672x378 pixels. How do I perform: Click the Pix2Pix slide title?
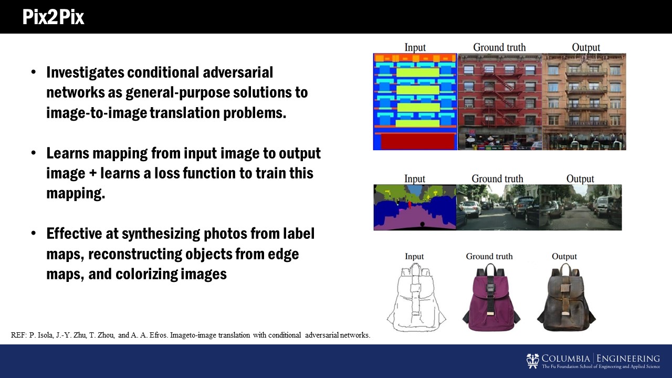tap(53, 17)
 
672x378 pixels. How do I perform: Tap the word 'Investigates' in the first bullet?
tap(85, 73)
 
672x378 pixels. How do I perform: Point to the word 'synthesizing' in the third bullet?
tap(161, 234)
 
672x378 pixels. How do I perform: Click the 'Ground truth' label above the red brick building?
tap(499, 47)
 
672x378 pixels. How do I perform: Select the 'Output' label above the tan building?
tap(586, 47)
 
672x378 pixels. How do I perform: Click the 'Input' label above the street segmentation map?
tap(415, 179)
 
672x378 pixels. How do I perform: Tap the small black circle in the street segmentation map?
tap(422, 224)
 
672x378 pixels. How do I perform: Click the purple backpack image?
tap(491, 297)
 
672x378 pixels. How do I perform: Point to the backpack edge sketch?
tap(416, 298)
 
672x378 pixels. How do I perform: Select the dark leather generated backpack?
tap(566, 297)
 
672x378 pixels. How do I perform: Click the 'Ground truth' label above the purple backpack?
tap(489, 257)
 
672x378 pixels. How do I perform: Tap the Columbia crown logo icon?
tap(532, 361)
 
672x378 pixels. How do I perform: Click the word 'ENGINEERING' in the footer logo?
tap(628, 359)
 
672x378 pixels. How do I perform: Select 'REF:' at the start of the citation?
tap(19, 335)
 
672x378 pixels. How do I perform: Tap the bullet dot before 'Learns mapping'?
tap(34, 153)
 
